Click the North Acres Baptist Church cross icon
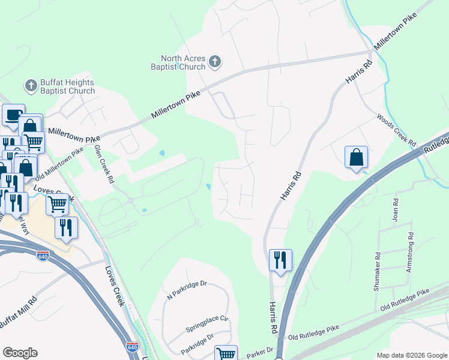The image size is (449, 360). pos(215,61)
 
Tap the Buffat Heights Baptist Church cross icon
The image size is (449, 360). pos(31,86)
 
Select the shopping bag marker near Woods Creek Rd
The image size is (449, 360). pos(356,157)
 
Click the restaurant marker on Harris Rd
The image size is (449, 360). pos(280,260)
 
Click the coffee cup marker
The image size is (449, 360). pos(13,115)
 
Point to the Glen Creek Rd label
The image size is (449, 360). pos(104,163)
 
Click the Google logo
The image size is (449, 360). pos(20,353)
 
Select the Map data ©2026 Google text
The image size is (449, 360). pos(412,355)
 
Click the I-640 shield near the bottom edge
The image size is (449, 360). pos(132,347)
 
